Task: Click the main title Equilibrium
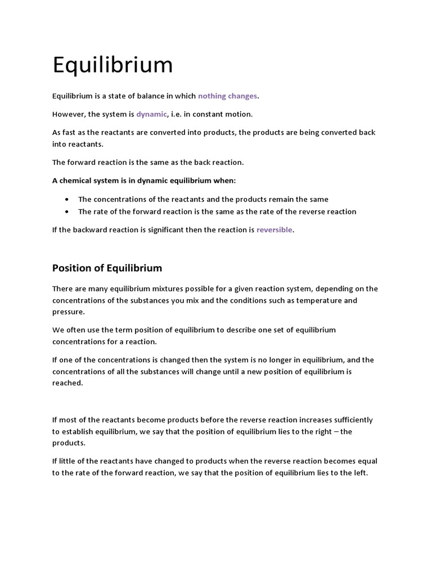pyautogui.click(x=112, y=65)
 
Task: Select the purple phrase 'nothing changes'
pyautogui.click(x=227, y=96)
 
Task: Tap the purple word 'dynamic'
pyautogui.click(x=151, y=114)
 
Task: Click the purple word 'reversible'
pyautogui.click(x=274, y=229)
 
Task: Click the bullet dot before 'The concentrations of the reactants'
pyautogui.click(x=67, y=199)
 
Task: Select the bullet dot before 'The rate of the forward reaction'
pyautogui.click(x=67, y=211)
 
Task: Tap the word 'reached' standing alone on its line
pyautogui.click(x=67, y=382)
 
